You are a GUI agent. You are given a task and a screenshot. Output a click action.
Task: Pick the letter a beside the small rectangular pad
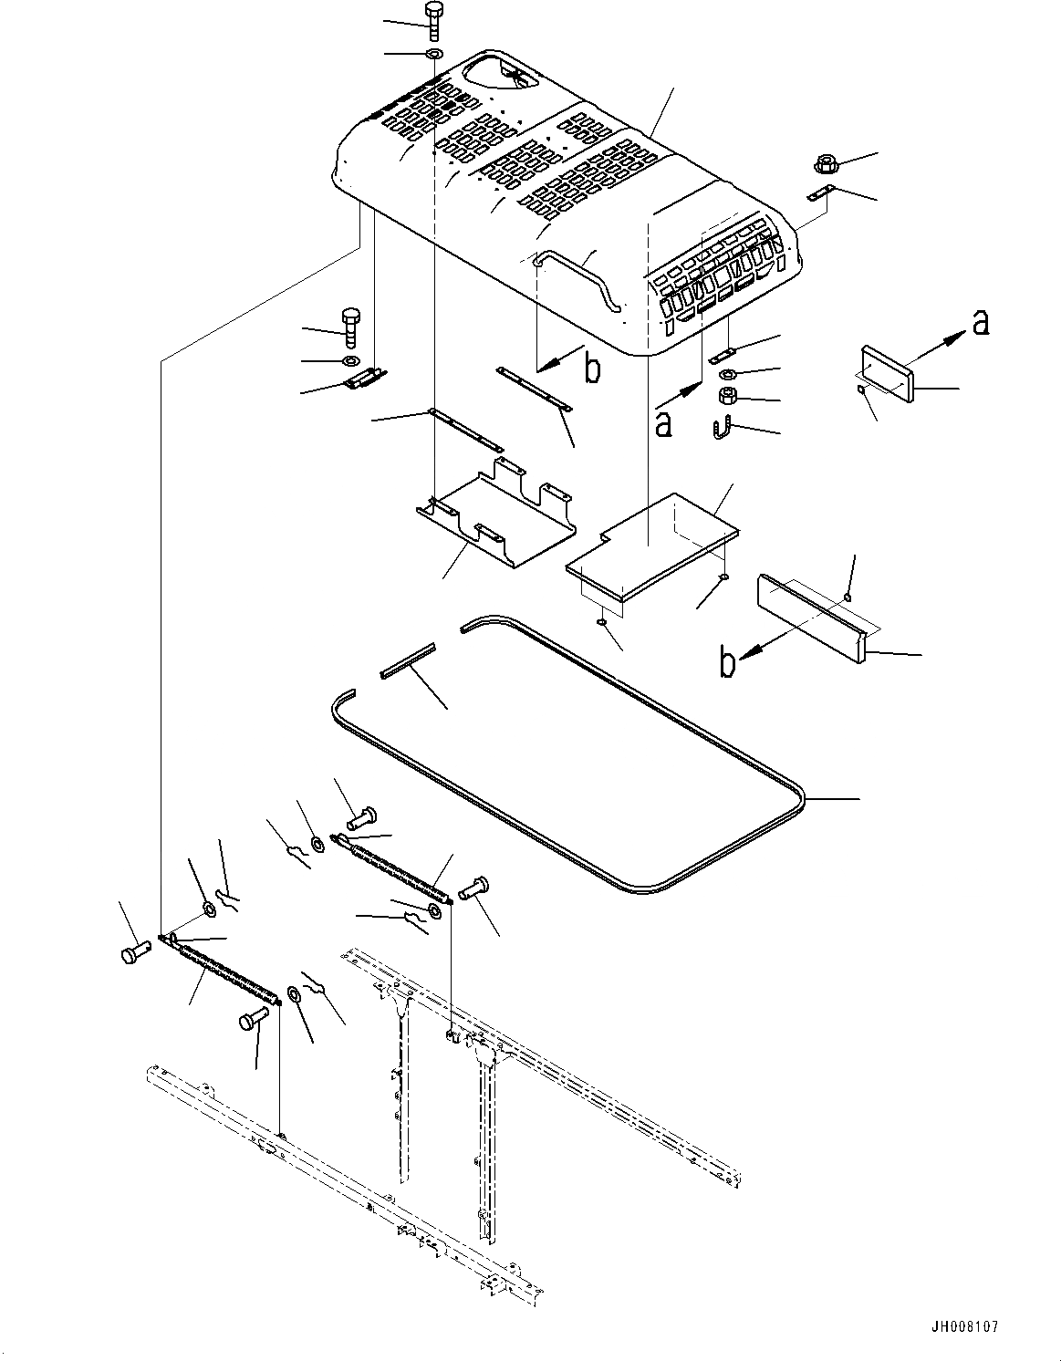(980, 322)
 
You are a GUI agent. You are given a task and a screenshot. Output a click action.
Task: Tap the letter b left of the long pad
(726, 663)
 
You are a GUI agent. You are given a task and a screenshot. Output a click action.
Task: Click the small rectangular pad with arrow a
(887, 371)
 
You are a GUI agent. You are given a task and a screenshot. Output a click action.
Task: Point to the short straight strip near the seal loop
(407, 658)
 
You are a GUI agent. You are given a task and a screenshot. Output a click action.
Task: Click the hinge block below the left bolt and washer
(364, 379)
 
